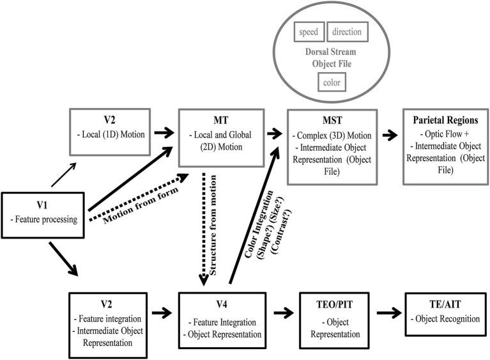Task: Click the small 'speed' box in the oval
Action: pyautogui.click(x=309, y=32)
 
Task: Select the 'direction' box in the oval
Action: pyautogui.click(x=347, y=32)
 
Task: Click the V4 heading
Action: pyautogui.click(x=220, y=304)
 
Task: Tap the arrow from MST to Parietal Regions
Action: pyautogui.click(x=388, y=136)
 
